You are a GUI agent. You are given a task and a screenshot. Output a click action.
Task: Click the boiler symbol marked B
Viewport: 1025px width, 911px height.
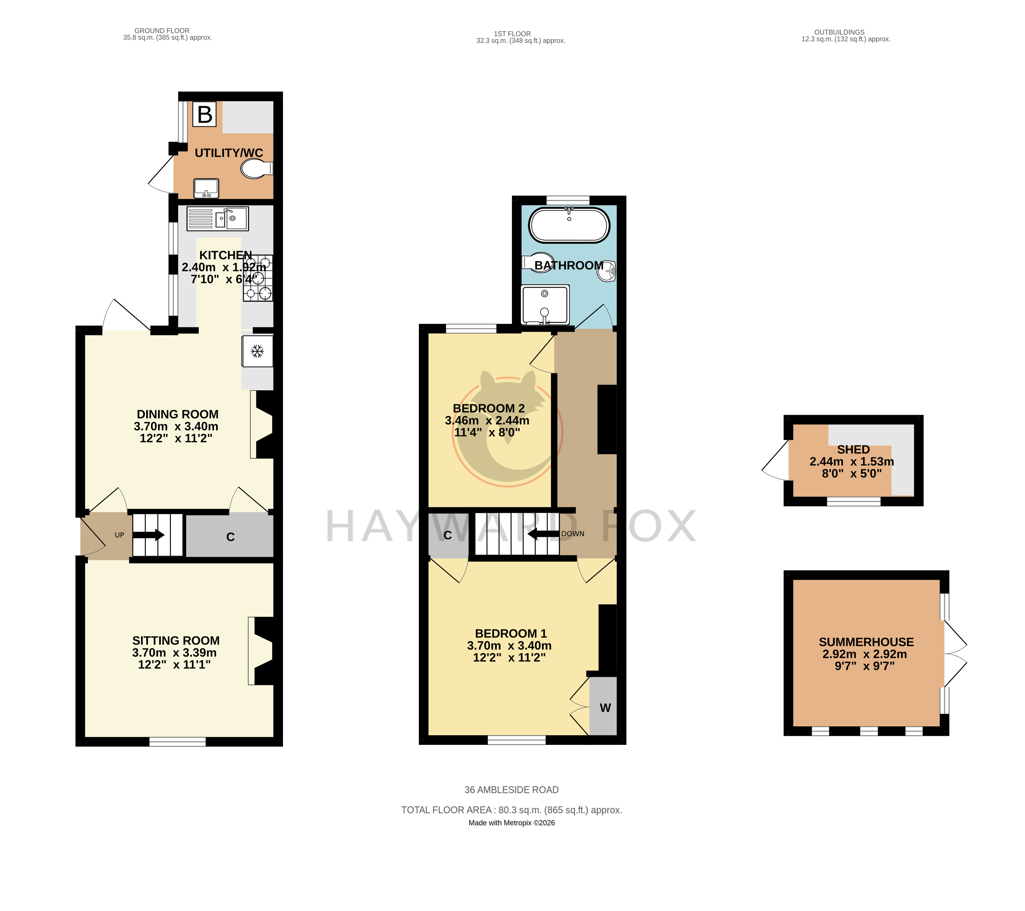click(204, 114)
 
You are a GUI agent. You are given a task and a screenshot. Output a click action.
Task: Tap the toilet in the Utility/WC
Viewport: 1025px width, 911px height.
click(257, 168)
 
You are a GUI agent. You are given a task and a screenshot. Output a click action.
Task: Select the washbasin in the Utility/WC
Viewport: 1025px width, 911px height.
click(206, 188)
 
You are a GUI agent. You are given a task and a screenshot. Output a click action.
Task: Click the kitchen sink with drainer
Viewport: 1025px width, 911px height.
click(218, 219)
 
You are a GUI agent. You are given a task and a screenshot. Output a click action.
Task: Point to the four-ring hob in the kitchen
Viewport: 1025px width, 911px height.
click(258, 278)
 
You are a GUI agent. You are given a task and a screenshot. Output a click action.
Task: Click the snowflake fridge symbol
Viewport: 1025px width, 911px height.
click(257, 351)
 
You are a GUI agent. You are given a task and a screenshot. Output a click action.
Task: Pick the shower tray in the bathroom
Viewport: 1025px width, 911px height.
click(545, 304)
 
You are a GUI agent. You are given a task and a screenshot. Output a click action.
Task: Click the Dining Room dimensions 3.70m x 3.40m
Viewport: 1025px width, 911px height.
click(176, 426)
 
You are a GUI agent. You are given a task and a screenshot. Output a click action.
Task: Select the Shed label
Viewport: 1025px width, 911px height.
click(854, 450)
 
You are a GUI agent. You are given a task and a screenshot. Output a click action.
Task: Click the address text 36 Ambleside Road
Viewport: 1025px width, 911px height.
click(512, 790)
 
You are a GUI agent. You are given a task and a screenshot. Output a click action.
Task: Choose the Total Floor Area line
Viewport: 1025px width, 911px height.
click(512, 810)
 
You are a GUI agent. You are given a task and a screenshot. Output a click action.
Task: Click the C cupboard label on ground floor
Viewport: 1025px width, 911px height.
click(230, 537)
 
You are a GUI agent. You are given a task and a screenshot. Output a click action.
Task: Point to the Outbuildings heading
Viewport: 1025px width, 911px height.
click(839, 32)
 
